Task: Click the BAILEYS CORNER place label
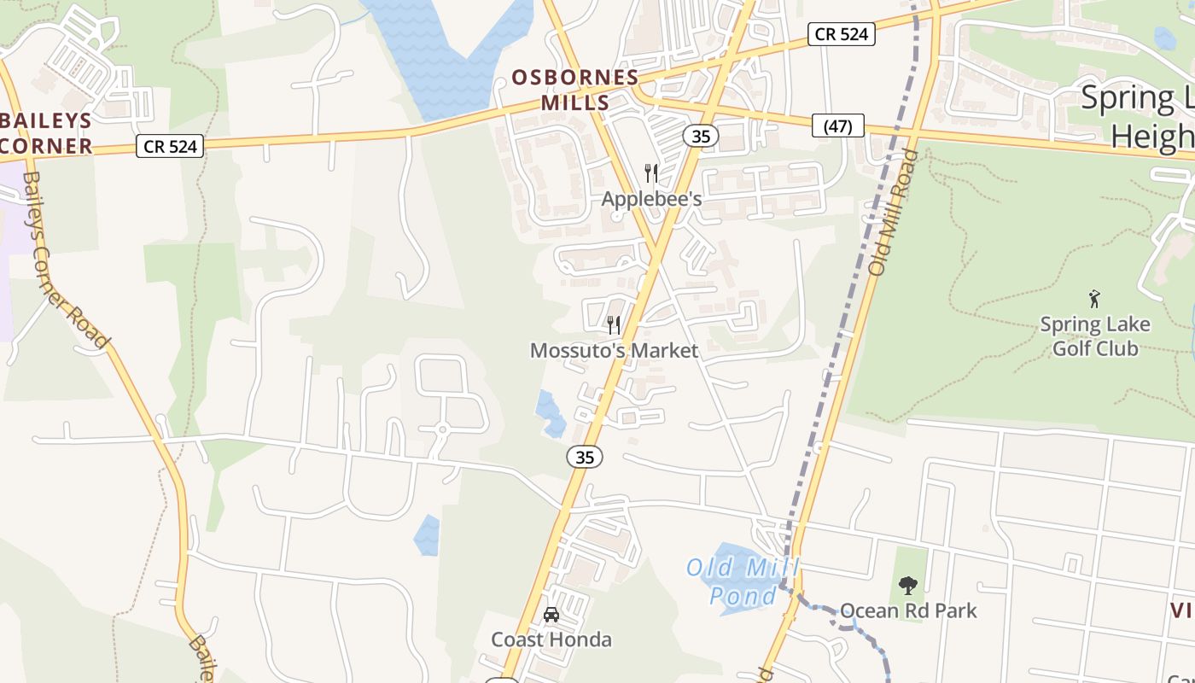pyautogui.click(x=46, y=132)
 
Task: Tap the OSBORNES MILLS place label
pyautogui.click(x=574, y=90)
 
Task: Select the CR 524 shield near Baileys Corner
pyautogui.click(x=171, y=146)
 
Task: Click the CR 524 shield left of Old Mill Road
pyautogui.click(x=842, y=34)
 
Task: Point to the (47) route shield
pyautogui.click(x=838, y=126)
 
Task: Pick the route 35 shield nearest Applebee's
pyautogui.click(x=701, y=136)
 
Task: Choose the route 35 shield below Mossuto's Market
pyautogui.click(x=585, y=457)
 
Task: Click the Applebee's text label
pyautogui.click(x=651, y=199)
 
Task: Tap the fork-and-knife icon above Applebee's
pyautogui.click(x=651, y=174)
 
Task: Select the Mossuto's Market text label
pyautogui.click(x=614, y=350)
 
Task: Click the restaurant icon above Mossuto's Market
pyautogui.click(x=613, y=324)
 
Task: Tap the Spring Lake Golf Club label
pyautogui.click(x=1095, y=336)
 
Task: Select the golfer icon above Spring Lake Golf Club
pyautogui.click(x=1095, y=299)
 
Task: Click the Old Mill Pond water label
pyautogui.click(x=743, y=581)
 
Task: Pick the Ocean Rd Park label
pyautogui.click(x=908, y=610)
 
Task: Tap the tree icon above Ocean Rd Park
pyautogui.click(x=908, y=586)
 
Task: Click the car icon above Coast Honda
pyautogui.click(x=551, y=615)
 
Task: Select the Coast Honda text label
pyautogui.click(x=551, y=639)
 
